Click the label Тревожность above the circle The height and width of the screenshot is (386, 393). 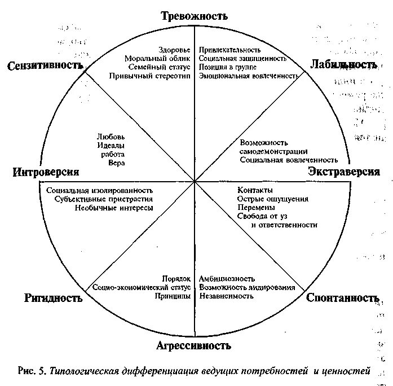point(194,16)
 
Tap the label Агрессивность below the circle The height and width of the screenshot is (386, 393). point(194,345)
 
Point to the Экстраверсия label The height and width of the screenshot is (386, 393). point(344,172)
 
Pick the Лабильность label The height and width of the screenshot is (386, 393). point(343,65)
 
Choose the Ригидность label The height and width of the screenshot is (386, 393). point(54,298)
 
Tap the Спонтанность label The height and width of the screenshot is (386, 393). point(342,297)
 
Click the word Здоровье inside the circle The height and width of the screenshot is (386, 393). point(175,49)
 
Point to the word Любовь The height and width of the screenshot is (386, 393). point(111,137)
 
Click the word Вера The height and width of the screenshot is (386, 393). point(117,163)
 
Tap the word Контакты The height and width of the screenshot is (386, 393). point(255,190)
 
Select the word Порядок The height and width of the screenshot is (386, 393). point(176,279)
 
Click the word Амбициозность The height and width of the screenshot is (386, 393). point(227,279)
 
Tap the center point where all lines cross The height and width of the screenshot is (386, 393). point(195,181)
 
